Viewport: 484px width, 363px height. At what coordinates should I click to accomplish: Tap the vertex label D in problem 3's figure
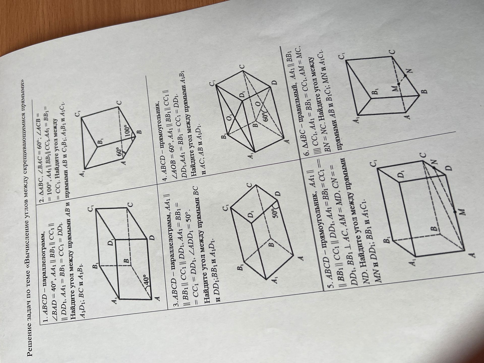click(x=278, y=194)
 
